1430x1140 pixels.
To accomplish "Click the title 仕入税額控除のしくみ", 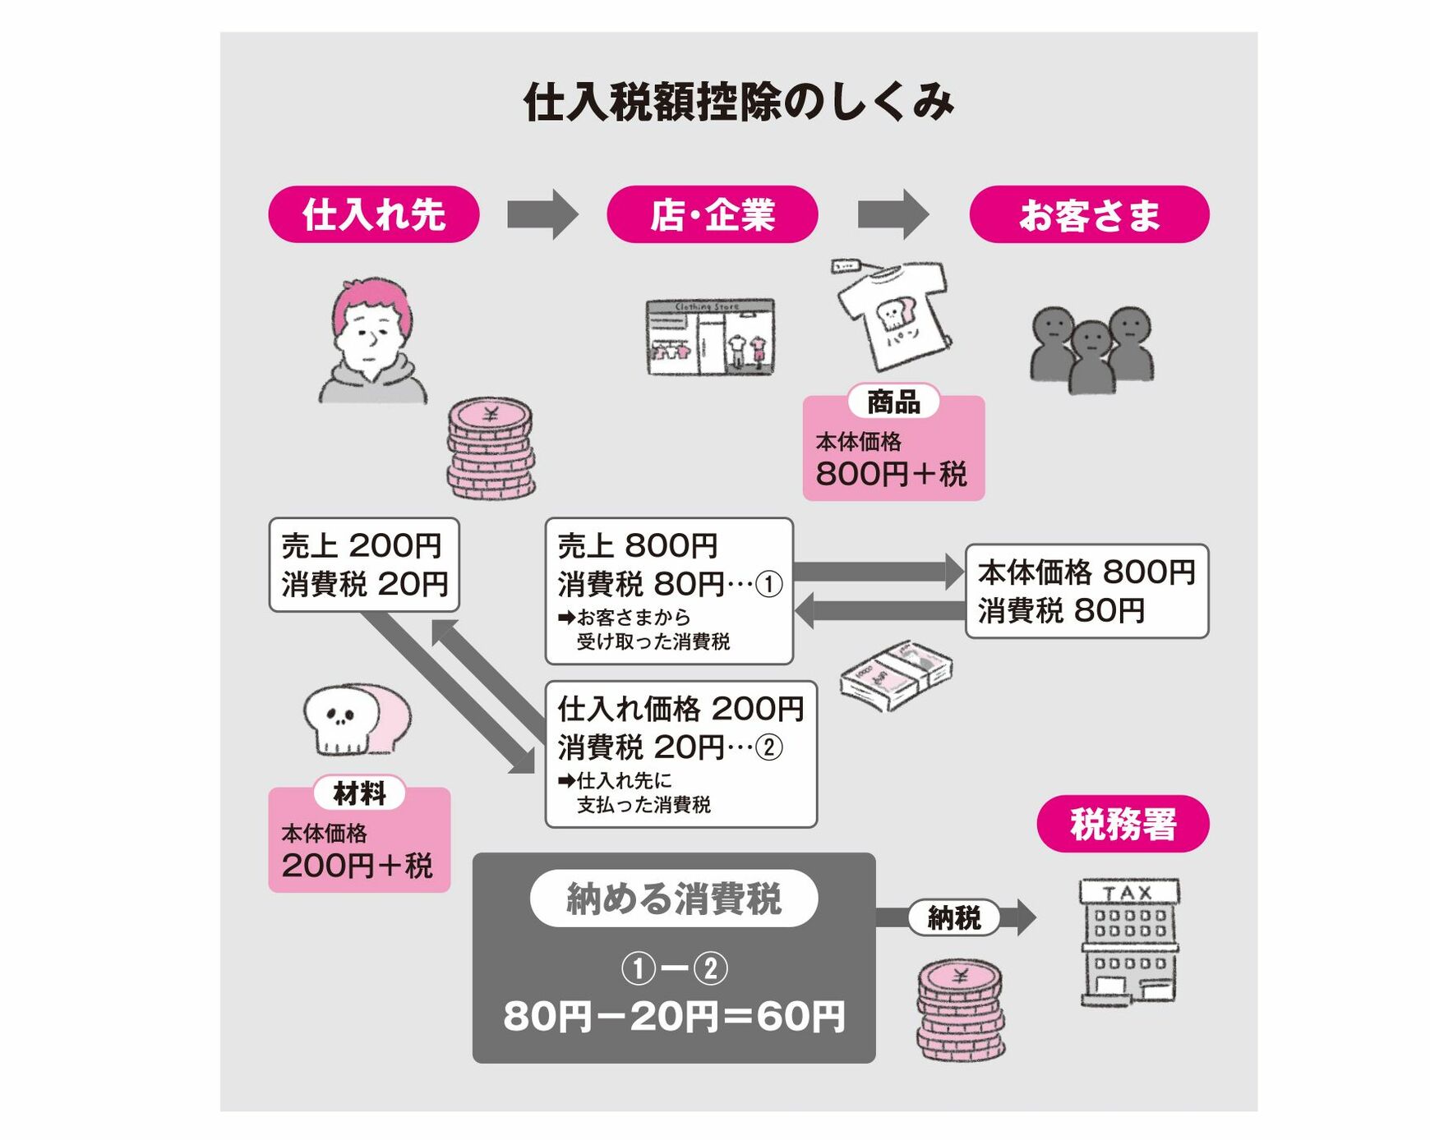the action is [x=738, y=103].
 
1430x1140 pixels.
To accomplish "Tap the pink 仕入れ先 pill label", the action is [x=374, y=214].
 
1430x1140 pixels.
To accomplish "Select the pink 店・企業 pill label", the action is [x=713, y=214].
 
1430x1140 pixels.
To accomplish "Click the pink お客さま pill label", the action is [x=1089, y=214].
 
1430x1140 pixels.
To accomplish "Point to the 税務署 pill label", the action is [x=1123, y=824].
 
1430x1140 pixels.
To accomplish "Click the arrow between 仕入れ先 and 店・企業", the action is [x=542, y=214].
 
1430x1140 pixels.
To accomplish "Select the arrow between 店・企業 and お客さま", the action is [x=893, y=214].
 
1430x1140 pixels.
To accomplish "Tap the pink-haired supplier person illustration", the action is [x=372, y=340].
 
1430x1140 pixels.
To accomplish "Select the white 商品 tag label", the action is [x=893, y=402].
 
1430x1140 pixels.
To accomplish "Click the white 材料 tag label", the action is [x=359, y=793].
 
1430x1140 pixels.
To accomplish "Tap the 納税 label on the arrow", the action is [x=954, y=917].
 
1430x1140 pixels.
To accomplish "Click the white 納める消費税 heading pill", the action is [x=674, y=899].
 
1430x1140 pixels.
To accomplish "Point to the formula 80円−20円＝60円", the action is [x=674, y=1016].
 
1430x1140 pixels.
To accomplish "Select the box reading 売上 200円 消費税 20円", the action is [x=364, y=564].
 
